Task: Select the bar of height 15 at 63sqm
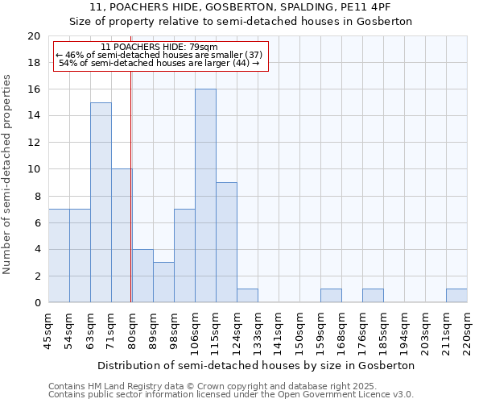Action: click(101, 202)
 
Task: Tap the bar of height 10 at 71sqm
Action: click(122, 235)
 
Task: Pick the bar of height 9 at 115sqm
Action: click(226, 243)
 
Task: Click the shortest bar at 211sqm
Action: click(456, 296)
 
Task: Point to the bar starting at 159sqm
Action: click(331, 296)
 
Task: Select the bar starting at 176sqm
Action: click(373, 296)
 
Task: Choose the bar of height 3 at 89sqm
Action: click(163, 282)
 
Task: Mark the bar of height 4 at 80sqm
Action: click(142, 276)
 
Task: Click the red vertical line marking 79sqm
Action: click(130, 185)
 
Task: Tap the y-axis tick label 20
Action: click(34, 36)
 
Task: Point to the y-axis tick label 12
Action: click(34, 143)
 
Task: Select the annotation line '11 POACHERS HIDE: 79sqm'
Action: click(159, 48)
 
